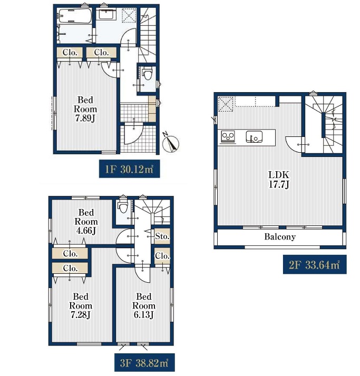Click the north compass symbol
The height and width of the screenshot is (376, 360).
click(171, 143)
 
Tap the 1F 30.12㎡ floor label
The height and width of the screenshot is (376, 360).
click(129, 169)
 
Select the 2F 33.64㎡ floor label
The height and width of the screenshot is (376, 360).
click(315, 265)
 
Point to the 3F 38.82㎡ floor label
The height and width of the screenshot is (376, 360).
click(144, 363)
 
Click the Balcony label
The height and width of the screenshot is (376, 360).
click(280, 236)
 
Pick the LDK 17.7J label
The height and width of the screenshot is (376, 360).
click(279, 180)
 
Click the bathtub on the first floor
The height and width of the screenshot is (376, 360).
click(75, 16)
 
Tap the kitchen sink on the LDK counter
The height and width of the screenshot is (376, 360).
click(254, 137)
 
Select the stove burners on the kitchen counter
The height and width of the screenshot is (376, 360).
click(228, 137)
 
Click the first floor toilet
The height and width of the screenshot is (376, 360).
click(147, 74)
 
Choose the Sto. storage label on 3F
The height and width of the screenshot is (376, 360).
click(162, 236)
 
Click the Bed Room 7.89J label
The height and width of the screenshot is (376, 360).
click(85, 109)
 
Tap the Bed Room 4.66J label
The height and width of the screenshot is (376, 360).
click(86, 221)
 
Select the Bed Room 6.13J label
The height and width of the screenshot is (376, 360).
click(144, 305)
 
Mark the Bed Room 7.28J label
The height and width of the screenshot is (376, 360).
click(81, 305)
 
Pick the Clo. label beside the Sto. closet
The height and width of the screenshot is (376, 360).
click(162, 256)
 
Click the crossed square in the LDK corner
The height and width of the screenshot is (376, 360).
click(226, 104)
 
